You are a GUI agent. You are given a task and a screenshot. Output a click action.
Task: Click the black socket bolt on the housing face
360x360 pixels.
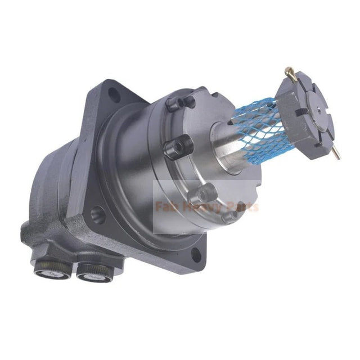pyautogui.click(x=177, y=147)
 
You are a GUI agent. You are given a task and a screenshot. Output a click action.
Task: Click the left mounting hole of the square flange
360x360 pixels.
pyautogui.click(x=97, y=214)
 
